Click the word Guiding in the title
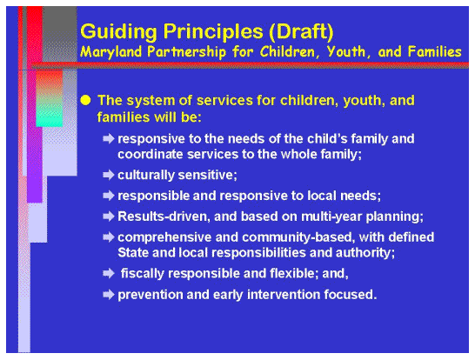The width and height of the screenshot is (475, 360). [x=112, y=32]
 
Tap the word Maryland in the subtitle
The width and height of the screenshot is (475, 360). [x=112, y=52]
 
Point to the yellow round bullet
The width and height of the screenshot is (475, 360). [x=85, y=100]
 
